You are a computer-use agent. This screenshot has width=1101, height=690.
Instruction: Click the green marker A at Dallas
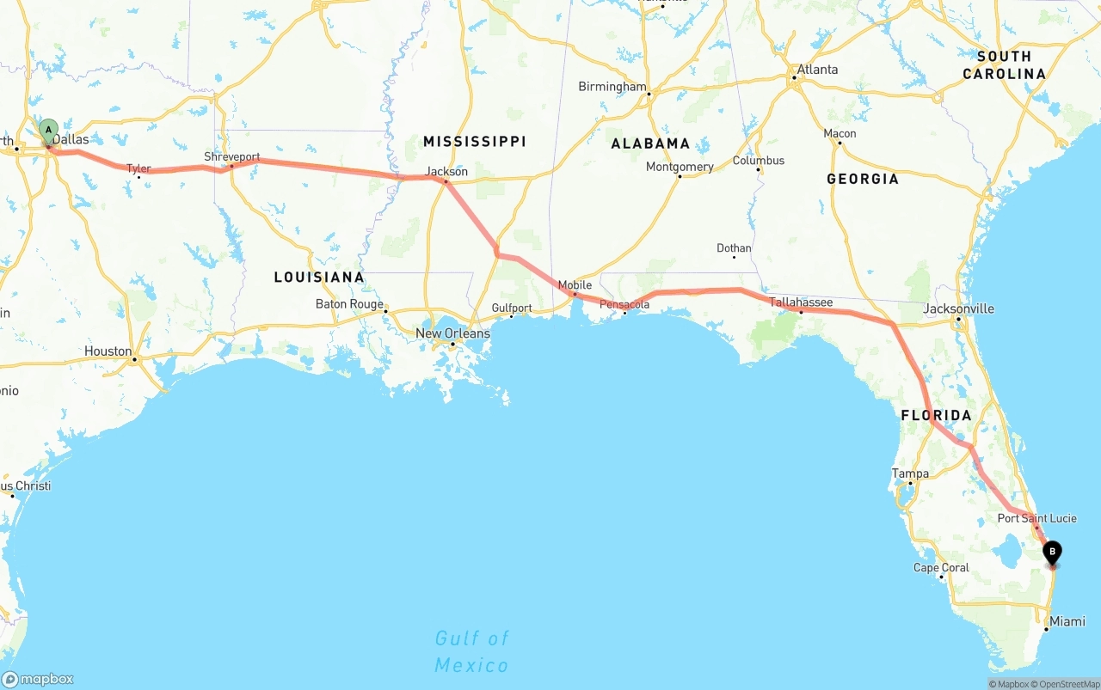click(x=49, y=131)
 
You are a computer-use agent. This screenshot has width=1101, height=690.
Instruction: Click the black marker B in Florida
click(x=1051, y=552)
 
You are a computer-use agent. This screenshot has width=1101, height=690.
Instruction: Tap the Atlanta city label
click(x=816, y=70)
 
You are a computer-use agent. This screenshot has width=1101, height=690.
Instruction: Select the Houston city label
click(x=108, y=351)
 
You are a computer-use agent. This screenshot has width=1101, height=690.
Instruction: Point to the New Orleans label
click(x=452, y=333)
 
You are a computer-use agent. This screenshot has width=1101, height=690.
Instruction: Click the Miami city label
click(x=1067, y=621)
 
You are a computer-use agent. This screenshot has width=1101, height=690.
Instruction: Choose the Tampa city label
click(x=910, y=473)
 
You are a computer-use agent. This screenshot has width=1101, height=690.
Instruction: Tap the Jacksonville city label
click(x=958, y=308)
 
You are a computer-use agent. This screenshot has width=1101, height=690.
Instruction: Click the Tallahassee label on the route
click(x=801, y=302)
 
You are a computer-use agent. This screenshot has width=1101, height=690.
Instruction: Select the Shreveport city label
click(x=231, y=157)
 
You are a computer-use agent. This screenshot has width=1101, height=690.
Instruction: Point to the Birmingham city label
click(x=612, y=87)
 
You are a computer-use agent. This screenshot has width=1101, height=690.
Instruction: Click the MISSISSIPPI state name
click(x=474, y=141)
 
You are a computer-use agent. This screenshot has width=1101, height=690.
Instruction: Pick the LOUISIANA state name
click(x=319, y=277)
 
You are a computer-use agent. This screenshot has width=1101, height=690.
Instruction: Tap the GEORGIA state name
click(x=862, y=179)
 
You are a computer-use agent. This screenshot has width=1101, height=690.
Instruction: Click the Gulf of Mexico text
click(x=471, y=651)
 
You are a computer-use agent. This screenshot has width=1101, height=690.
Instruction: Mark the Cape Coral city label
click(x=941, y=568)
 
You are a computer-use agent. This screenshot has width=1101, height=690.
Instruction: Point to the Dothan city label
click(x=734, y=248)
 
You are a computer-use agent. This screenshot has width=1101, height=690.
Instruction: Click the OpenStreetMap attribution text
click(x=1068, y=684)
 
